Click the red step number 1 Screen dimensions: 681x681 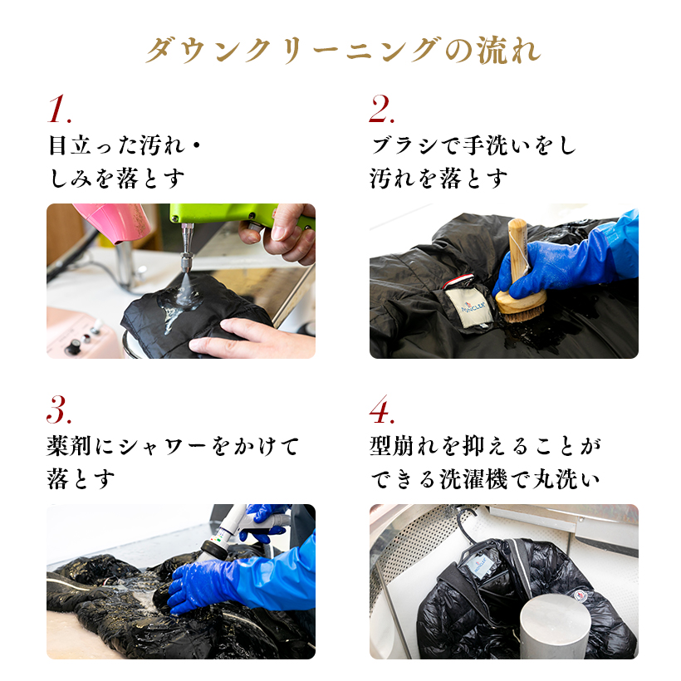(59, 109)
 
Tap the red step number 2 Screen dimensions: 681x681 (381, 109)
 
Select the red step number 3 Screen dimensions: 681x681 (59, 409)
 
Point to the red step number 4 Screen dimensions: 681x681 (381, 409)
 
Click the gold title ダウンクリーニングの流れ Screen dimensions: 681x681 (343, 51)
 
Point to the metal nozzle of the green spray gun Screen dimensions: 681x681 (187, 248)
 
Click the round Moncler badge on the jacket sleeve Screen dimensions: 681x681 (581, 595)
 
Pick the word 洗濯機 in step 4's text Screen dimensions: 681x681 (473, 479)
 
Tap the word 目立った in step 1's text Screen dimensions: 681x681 (91, 145)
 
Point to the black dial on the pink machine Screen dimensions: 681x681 (72, 347)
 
